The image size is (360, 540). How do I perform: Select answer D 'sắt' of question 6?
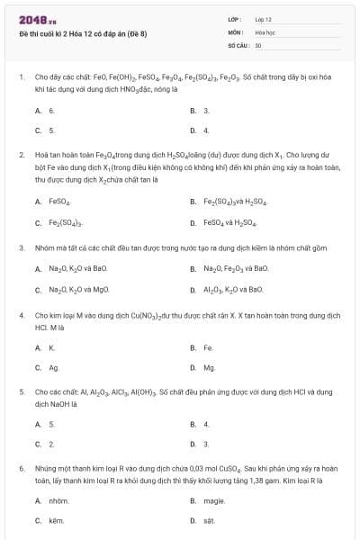coord(208,521)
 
